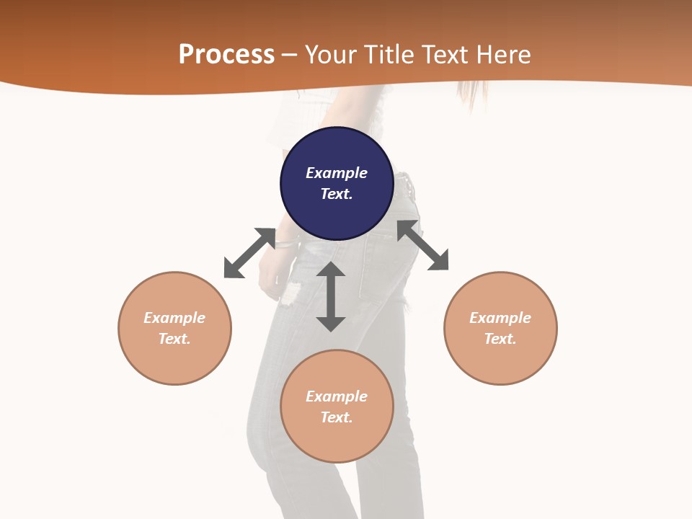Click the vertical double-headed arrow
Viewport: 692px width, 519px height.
(331, 297)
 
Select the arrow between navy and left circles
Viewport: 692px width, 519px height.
(249, 253)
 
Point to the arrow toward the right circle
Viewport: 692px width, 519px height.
(422, 245)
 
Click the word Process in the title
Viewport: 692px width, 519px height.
(226, 54)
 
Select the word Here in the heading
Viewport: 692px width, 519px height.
(505, 54)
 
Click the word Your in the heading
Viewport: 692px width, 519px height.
(332, 54)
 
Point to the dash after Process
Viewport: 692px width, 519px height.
(290, 56)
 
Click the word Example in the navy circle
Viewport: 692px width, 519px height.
(337, 173)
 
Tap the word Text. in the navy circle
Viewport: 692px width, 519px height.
(337, 194)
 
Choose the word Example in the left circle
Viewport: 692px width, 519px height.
(174, 318)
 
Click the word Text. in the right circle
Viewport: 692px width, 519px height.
(500, 339)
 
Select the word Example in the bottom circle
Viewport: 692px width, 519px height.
(337, 396)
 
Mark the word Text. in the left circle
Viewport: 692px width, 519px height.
(174, 339)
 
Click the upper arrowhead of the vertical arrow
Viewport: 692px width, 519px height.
(331, 270)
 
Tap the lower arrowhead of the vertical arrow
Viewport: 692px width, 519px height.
(331, 324)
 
